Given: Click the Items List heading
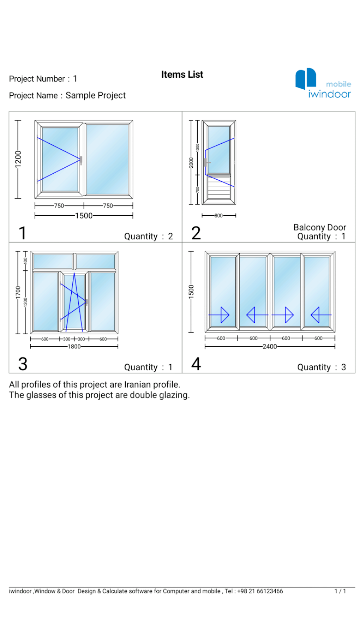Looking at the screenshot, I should (182, 74).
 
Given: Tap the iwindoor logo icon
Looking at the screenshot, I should (305, 78).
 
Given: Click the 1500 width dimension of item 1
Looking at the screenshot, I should (84, 216).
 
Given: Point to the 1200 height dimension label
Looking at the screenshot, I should (18, 159).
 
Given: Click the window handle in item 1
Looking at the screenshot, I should (81, 161).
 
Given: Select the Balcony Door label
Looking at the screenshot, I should (319, 227).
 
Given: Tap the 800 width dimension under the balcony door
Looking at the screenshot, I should (218, 215).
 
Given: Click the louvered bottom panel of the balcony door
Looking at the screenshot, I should (219, 187).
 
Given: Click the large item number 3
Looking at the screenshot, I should (23, 364).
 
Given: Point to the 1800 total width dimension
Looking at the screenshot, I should (74, 347).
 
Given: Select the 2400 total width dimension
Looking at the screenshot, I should (270, 347).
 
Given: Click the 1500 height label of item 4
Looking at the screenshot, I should (191, 292).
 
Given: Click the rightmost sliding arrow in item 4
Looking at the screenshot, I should (320, 315).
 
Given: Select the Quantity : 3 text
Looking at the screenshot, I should (321, 367).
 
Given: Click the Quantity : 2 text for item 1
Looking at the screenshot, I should (148, 236).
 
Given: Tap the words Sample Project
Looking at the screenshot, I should (95, 95).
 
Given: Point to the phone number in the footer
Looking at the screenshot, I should (260, 591).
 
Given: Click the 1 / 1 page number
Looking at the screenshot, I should (340, 591).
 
